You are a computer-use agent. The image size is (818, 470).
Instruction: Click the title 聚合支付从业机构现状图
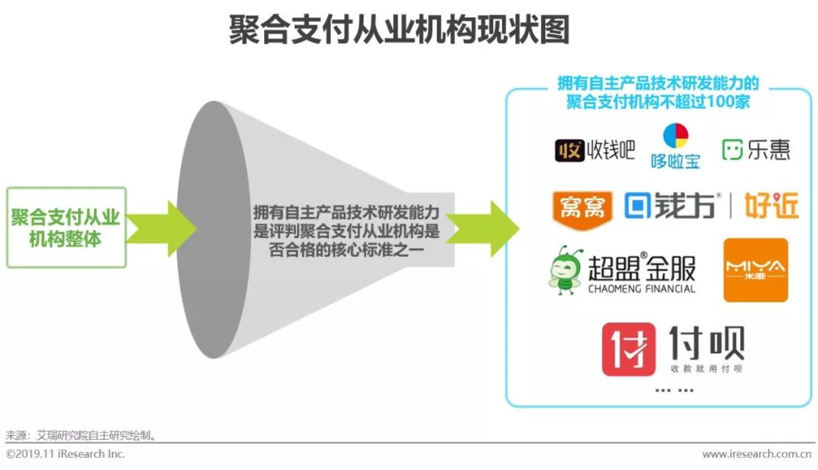pos(399,30)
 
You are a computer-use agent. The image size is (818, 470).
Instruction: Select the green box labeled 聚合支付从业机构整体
pos(66,227)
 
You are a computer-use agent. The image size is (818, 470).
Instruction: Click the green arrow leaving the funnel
pos(485,227)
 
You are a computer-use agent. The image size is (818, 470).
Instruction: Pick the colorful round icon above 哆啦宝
pos(676,136)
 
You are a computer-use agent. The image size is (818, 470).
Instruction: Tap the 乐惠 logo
pos(756,149)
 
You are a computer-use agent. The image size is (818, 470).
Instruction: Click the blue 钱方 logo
pos(670,205)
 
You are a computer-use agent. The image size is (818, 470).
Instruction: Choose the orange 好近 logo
pos(772,205)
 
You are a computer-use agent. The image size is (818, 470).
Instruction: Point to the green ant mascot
pos(565,269)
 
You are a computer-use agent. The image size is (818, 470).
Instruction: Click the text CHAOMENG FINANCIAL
pos(642,289)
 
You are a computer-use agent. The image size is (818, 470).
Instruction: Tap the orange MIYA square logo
pos(755,270)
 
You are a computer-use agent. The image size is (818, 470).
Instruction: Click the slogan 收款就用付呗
pos(707,368)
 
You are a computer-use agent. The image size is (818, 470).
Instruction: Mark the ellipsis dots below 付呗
pos(674,390)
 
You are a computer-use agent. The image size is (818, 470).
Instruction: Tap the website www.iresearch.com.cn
pos(757,454)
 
